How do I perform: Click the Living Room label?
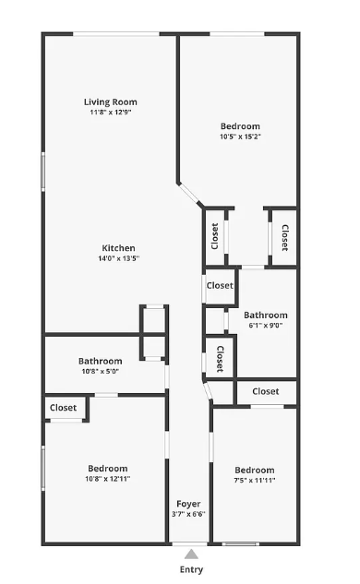pyautogui.click(x=111, y=101)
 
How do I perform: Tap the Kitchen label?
pyautogui.click(x=119, y=247)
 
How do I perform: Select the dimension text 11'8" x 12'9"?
pyautogui.click(x=111, y=113)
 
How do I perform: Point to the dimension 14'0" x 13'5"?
pyautogui.click(x=119, y=258)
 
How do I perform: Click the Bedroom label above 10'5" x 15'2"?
pyautogui.click(x=240, y=126)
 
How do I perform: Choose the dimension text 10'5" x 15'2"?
pyautogui.click(x=240, y=137)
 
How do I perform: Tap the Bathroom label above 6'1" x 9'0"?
pyautogui.click(x=266, y=315)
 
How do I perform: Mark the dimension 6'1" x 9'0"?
pyautogui.click(x=266, y=326)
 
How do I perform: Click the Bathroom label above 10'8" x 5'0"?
pyautogui.click(x=100, y=361)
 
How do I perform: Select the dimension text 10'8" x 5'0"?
pyautogui.click(x=100, y=372)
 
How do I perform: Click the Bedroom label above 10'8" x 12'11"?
pyautogui.click(x=108, y=469)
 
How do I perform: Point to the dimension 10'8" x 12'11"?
pyautogui.click(x=108, y=480)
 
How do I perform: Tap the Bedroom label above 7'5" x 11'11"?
pyautogui.click(x=254, y=470)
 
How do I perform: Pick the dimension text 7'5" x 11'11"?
pyautogui.click(x=254, y=481)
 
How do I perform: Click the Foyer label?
pyautogui.click(x=189, y=504)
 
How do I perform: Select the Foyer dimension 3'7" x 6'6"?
pyautogui.click(x=189, y=515)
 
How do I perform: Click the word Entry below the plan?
pyautogui.click(x=191, y=570)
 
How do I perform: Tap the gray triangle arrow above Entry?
pyautogui.click(x=191, y=554)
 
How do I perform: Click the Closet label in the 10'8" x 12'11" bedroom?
pyautogui.click(x=63, y=408)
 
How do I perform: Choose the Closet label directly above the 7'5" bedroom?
pyautogui.click(x=265, y=392)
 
